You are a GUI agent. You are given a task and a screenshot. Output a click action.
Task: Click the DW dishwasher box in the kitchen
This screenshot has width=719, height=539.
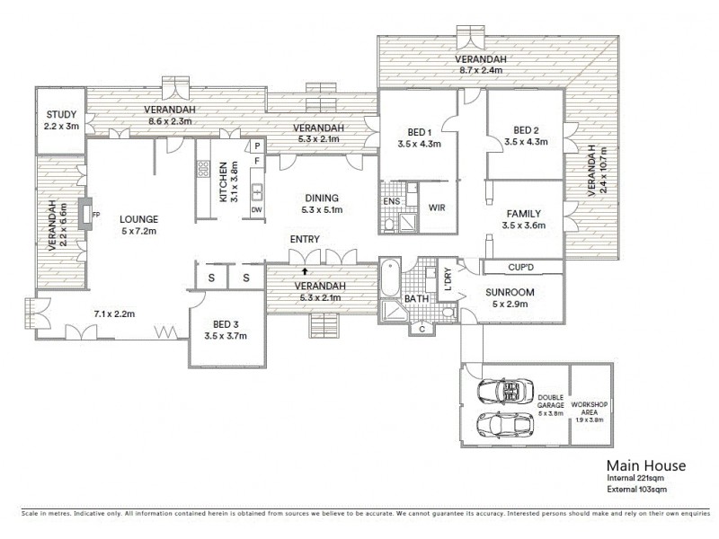pos(257,210)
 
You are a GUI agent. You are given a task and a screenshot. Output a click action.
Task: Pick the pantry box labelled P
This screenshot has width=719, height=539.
pos(257,146)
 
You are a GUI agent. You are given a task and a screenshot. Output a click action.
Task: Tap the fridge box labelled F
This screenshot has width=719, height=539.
pos(257,161)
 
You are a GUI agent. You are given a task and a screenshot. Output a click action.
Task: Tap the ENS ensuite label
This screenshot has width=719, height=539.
pos(391,202)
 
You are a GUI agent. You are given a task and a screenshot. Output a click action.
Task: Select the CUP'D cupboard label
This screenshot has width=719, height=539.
pos(522,267)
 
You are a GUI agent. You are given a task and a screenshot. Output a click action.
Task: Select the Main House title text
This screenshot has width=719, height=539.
pos(645,465)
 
